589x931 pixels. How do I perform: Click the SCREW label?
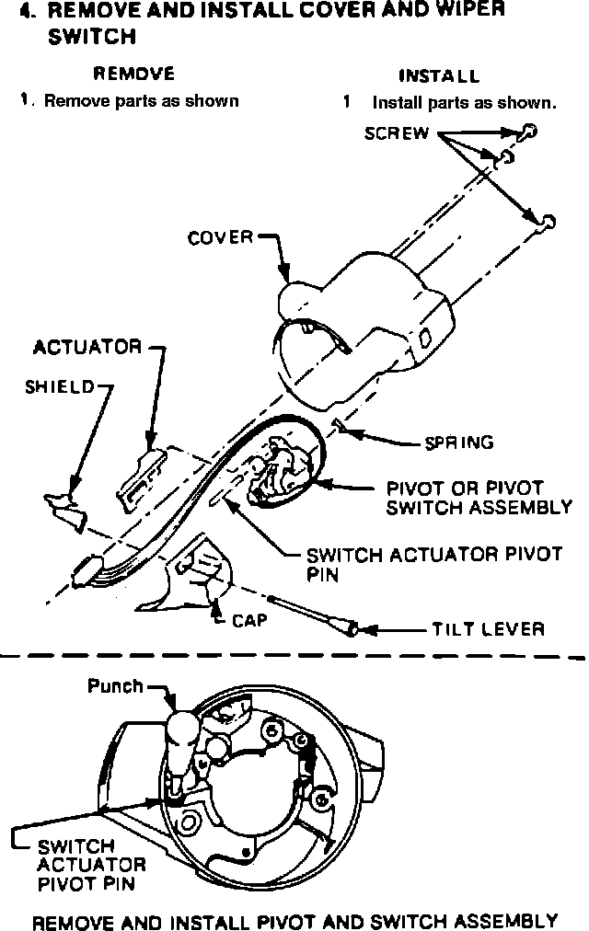397,132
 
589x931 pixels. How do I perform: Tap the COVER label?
220,238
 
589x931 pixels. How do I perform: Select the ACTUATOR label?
87,348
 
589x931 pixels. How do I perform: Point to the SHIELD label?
59,387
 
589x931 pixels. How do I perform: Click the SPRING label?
458,443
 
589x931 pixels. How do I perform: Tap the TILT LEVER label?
488,630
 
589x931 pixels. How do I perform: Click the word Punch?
115,685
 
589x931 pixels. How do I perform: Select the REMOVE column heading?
135,74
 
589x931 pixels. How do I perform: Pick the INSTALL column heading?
439,76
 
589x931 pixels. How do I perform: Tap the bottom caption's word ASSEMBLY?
498,919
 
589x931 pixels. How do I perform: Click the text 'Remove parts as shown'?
141,101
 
